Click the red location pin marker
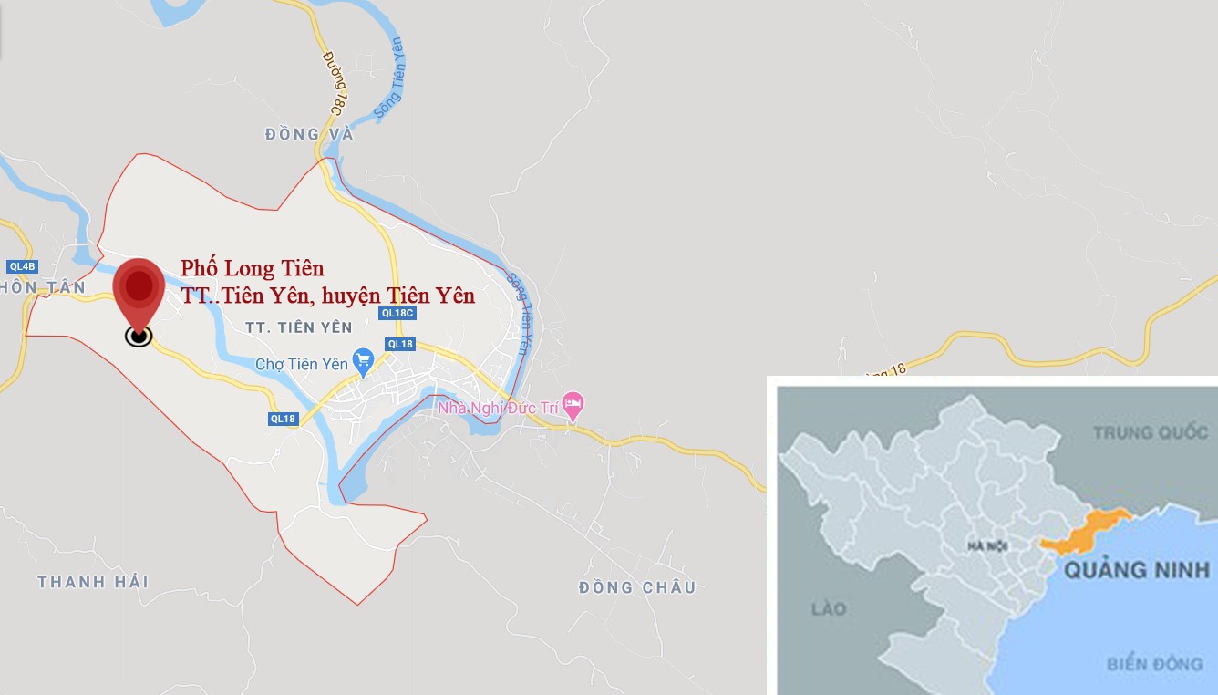click(139, 290)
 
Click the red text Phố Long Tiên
click(252, 268)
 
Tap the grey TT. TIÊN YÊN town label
click(299, 327)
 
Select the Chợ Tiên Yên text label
click(301, 364)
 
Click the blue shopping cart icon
click(364, 362)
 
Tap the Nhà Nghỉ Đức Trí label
click(497, 408)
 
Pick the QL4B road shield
click(22, 267)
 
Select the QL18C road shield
click(397, 313)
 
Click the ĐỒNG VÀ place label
click(309, 135)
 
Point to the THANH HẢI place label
click(93, 582)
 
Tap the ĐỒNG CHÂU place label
click(637, 587)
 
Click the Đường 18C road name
click(335, 83)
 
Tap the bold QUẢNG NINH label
click(1137, 570)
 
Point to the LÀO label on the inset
click(829, 608)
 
